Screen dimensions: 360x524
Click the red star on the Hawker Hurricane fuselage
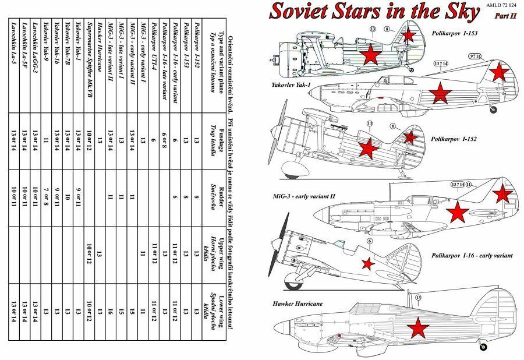click(x=417, y=330)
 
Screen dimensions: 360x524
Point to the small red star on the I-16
click(x=367, y=264)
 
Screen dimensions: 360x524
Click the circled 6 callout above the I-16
click(x=369, y=241)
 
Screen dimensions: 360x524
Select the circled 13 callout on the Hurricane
click(x=418, y=298)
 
